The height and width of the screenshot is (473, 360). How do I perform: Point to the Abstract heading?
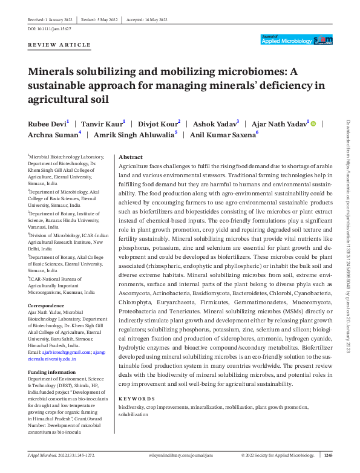coord(131,156)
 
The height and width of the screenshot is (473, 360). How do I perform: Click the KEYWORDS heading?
coord(137,399)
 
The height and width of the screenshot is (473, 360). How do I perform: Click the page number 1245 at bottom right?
coord(328,454)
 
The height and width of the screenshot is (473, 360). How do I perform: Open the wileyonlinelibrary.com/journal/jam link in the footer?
coord(180,454)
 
